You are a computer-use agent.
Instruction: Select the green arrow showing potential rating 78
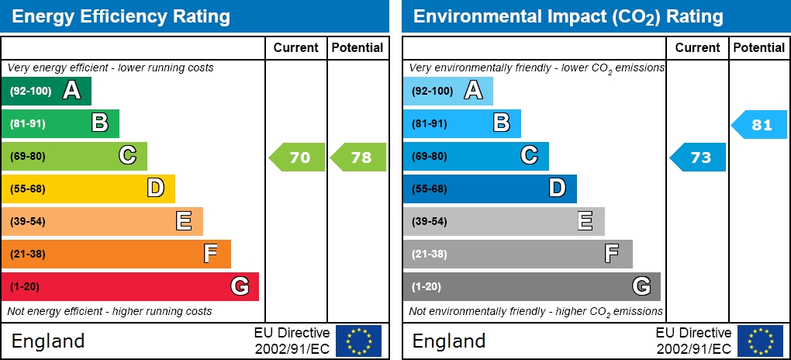pyautogui.click(x=359, y=157)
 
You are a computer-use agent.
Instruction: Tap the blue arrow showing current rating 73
pyautogui.click(x=698, y=157)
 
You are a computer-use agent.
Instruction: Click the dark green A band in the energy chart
pyautogui.click(x=47, y=91)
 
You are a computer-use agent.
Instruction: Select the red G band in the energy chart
pyautogui.click(x=130, y=286)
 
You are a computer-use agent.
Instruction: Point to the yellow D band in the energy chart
pyautogui.click(x=88, y=189)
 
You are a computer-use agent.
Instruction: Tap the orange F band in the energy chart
pyautogui.click(x=116, y=254)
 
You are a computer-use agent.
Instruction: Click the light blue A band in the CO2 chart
pyautogui.click(x=447, y=91)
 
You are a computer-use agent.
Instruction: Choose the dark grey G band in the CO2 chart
pyautogui.click(x=531, y=286)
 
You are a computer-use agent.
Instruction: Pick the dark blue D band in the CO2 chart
pyautogui.click(x=489, y=189)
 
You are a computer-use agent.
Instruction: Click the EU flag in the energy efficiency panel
pyautogui.click(x=358, y=341)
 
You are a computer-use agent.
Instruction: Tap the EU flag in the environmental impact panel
pyautogui.click(x=760, y=341)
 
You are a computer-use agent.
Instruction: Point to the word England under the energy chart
pyautogui.click(x=47, y=341)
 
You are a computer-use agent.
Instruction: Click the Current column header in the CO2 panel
pyautogui.click(x=697, y=47)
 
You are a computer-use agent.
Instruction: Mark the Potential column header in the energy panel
pyautogui.click(x=358, y=47)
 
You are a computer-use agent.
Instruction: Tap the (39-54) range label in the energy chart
pyautogui.click(x=28, y=221)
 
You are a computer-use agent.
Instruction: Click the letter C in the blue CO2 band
pyautogui.click(x=529, y=156)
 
